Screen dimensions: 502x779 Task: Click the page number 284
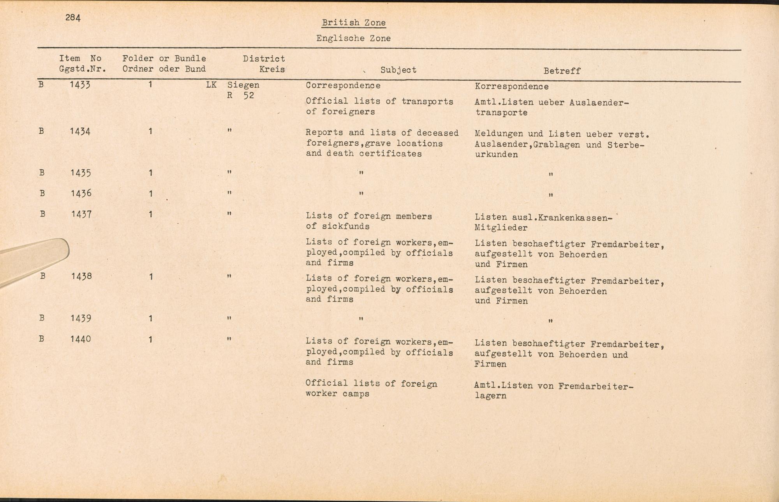[73, 18]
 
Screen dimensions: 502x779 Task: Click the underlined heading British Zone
[354, 23]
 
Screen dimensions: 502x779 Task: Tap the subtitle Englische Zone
[353, 38]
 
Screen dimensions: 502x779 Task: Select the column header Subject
[398, 70]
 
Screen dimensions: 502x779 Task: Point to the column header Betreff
[562, 71]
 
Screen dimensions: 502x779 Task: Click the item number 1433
[80, 85]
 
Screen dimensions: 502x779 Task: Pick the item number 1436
[81, 193]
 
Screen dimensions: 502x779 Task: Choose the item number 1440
[81, 339]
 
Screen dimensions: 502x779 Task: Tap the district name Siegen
[243, 85]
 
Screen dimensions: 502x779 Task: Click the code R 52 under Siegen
[241, 95]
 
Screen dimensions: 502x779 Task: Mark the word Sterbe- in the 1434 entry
[626, 145]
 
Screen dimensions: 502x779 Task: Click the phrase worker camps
[337, 394]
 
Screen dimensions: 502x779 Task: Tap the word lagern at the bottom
[490, 396]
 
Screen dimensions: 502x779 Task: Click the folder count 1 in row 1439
[150, 319]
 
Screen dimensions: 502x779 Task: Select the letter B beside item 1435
[42, 173]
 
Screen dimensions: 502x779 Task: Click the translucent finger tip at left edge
[47, 253]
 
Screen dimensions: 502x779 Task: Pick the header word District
[264, 59]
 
